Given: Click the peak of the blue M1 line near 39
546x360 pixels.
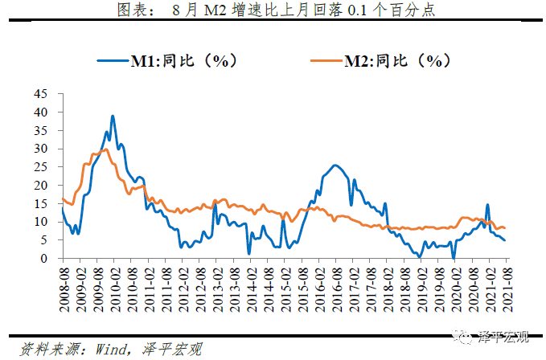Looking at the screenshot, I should pyautogui.click(x=113, y=117).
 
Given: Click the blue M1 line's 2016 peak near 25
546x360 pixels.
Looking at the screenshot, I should pyautogui.click(x=335, y=166).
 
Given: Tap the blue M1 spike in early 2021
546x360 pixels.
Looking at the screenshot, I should pyautogui.click(x=487, y=205).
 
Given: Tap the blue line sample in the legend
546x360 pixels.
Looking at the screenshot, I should pyautogui.click(x=113, y=59).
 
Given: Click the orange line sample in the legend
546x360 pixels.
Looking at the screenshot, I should pyautogui.click(x=323, y=59).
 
